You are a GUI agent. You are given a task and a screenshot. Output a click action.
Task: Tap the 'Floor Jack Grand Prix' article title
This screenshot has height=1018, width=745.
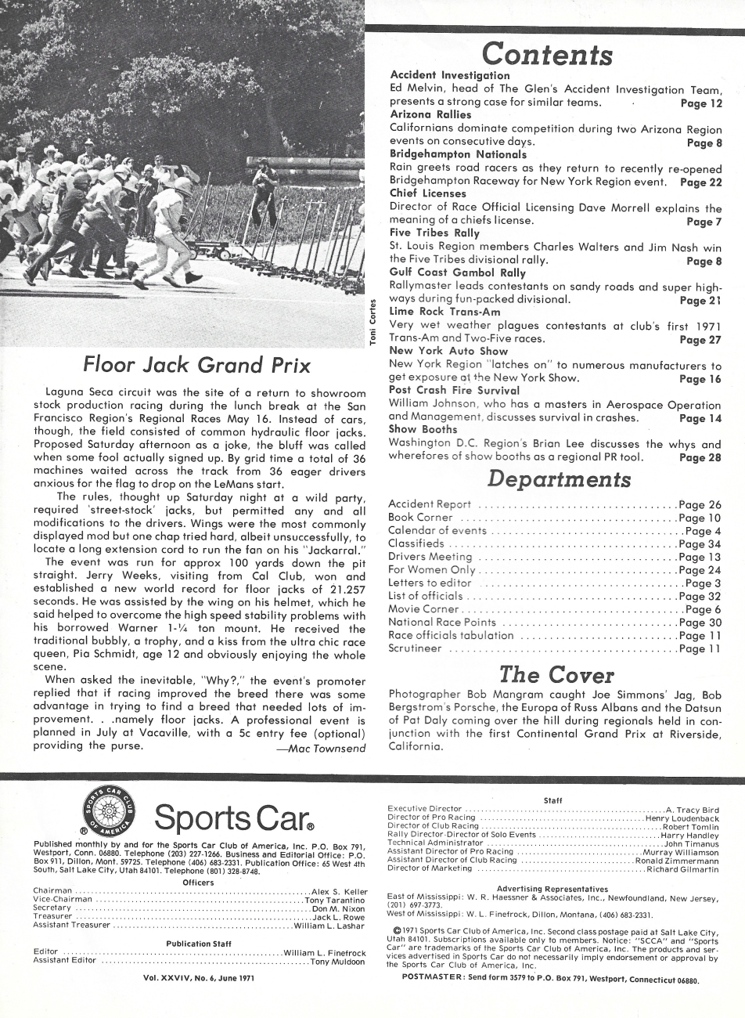197,366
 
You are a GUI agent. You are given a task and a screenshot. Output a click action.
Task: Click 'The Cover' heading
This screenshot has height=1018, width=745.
556,673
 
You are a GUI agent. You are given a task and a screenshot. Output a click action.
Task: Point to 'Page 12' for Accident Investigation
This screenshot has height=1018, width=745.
700,103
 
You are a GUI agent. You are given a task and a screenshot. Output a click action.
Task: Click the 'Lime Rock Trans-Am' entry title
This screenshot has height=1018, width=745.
444,312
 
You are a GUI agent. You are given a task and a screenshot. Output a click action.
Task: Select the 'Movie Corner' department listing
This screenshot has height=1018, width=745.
423,609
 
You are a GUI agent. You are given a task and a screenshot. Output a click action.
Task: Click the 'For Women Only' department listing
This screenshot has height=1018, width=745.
431,570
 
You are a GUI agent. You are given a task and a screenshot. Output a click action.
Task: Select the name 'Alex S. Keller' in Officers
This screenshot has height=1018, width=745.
339,891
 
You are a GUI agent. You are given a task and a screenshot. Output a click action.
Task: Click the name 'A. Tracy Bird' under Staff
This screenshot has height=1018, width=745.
692,810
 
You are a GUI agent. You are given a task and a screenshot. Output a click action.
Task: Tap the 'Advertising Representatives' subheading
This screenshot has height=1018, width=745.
552,888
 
